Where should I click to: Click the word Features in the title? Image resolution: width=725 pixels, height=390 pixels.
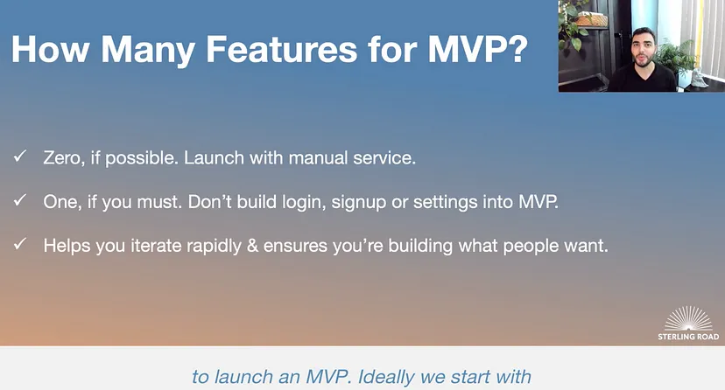281,49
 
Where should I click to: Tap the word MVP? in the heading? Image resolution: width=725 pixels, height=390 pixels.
478,49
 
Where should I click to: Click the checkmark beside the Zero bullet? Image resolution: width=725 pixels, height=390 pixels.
20,156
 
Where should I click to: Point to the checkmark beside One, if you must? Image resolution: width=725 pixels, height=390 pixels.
20,200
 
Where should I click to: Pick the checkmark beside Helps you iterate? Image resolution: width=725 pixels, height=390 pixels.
20,244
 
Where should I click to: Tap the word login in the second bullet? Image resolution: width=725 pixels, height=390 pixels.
304,202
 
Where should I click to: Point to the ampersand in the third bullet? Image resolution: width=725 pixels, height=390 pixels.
252,246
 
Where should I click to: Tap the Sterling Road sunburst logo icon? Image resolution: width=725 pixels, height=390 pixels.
688,318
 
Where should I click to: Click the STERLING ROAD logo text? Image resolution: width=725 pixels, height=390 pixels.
688,337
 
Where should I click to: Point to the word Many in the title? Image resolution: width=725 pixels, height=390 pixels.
148,50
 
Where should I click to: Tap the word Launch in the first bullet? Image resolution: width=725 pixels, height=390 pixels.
214,158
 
